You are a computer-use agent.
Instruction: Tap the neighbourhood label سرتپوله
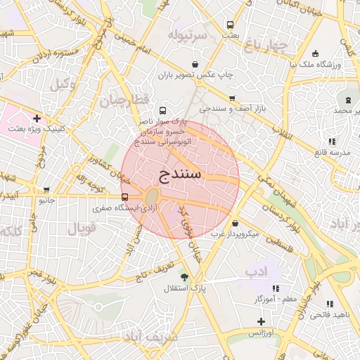(188, 34)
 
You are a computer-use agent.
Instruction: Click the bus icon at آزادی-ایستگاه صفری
(124, 197)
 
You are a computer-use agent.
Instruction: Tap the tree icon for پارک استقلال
(185, 277)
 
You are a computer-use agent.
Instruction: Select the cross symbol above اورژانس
(262, 321)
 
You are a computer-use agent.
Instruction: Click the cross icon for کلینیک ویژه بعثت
(37, 118)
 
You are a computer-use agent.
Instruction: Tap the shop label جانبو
(46, 200)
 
